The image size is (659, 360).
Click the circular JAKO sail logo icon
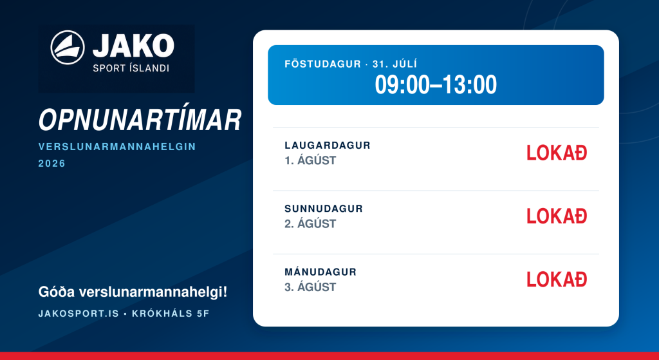(68, 48)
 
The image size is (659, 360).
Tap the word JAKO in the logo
(133, 46)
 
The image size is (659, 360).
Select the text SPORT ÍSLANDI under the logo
(131, 68)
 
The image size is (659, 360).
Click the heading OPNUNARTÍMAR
(140, 120)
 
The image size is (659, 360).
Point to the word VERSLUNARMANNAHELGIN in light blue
(117, 147)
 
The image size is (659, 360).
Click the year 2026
(52, 163)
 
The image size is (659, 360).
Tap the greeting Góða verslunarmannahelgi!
(133, 292)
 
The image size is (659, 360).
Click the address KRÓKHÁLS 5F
(171, 314)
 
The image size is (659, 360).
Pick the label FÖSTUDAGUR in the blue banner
(323, 64)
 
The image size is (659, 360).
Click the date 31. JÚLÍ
(394, 64)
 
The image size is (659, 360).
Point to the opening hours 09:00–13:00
(436, 84)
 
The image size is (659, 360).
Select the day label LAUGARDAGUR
(328, 146)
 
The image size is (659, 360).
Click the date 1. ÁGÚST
(310, 160)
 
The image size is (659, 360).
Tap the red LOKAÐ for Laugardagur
(557, 153)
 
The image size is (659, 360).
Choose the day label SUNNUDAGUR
(324, 209)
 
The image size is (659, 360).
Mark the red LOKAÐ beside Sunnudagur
(557, 216)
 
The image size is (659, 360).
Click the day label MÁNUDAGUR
(320, 272)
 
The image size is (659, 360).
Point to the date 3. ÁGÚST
(310, 287)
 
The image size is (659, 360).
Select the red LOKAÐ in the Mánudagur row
(557, 279)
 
